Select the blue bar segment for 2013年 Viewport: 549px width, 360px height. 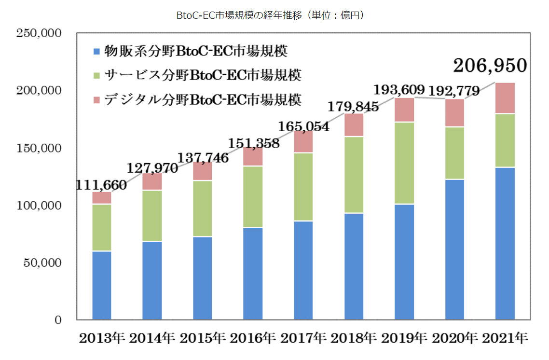(x=102, y=285)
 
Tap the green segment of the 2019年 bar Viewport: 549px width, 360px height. (x=404, y=163)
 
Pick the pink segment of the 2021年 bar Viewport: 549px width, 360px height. (x=505, y=98)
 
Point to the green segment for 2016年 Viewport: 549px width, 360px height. (x=253, y=197)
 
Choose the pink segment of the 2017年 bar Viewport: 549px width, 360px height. (x=303, y=141)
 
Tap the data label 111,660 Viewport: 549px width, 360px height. (x=101, y=185)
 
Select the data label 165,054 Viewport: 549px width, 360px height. (x=304, y=127)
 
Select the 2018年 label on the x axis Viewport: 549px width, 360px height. (x=354, y=338)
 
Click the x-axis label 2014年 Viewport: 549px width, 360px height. (x=152, y=338)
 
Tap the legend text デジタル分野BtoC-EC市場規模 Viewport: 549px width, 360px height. (x=203, y=100)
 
